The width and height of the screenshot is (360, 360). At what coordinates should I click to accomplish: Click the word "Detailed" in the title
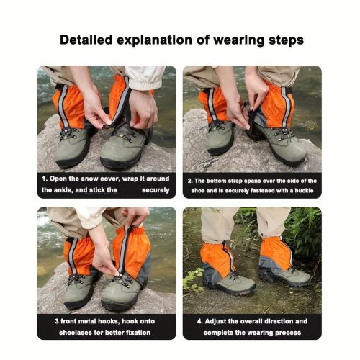[x=86, y=40]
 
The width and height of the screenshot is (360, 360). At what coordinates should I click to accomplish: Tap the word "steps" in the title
[x=286, y=40]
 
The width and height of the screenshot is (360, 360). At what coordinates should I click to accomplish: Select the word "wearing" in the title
[x=239, y=40]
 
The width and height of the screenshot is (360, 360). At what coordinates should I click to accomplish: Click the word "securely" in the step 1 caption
[x=156, y=190]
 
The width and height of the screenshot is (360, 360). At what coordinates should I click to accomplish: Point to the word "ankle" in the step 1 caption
[x=63, y=190]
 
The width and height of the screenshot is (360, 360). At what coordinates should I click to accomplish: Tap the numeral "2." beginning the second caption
[x=190, y=181]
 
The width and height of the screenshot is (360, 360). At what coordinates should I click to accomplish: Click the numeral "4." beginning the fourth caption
[x=200, y=321]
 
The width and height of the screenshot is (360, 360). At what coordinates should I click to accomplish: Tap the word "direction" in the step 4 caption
[x=280, y=321]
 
